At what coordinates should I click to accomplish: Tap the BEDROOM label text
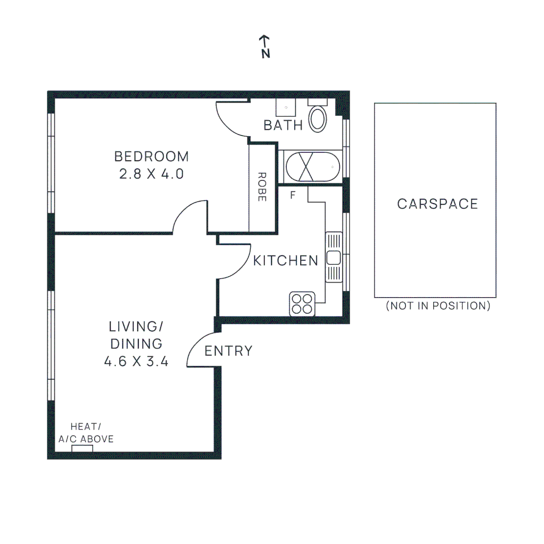pos(152,157)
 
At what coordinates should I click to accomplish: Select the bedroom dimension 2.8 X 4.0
pos(152,174)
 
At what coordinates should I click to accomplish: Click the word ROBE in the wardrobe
pos(262,187)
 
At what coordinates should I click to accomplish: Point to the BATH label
pos(283,125)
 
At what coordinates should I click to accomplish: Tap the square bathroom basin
pos(286,107)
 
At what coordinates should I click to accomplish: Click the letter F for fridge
pos(293,195)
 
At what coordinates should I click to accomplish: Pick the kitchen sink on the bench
pos(333,257)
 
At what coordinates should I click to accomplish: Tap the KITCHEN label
pos(286,260)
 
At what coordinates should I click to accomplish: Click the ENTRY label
pos(228,351)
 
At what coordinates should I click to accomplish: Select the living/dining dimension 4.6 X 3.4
pos(136,361)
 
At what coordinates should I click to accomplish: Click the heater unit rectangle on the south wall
pos(82,448)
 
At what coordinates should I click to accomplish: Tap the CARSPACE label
pos(437,204)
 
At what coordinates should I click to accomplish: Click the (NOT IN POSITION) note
pos(438,306)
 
